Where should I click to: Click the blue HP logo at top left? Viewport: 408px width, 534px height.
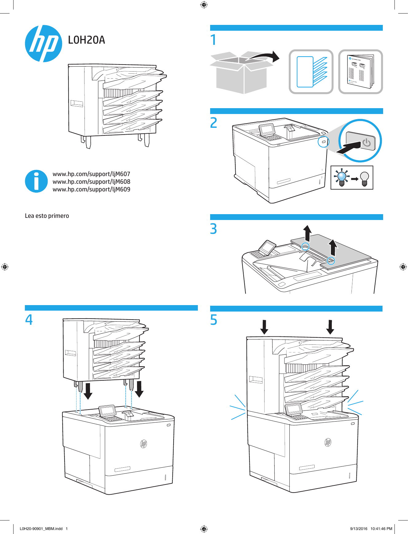click(x=43, y=44)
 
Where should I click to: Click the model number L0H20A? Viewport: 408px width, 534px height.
click(x=86, y=40)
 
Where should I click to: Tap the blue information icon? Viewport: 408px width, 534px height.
click(x=36, y=181)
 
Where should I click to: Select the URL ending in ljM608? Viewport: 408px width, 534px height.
click(x=91, y=182)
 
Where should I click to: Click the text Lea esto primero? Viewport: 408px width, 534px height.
click(x=47, y=216)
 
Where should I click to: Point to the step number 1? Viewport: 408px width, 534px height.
click(x=213, y=40)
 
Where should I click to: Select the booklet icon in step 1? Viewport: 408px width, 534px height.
click(x=360, y=72)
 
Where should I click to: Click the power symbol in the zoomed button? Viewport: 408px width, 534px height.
click(x=366, y=143)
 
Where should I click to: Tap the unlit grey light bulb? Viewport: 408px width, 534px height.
click(x=364, y=178)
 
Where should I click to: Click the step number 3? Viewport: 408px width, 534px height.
click(x=213, y=229)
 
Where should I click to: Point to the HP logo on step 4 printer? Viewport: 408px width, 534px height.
click(x=143, y=444)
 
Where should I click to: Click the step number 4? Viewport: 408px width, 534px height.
click(x=29, y=320)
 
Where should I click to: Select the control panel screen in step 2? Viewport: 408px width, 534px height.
click(x=267, y=129)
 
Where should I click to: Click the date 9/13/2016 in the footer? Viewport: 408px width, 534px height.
click(x=359, y=529)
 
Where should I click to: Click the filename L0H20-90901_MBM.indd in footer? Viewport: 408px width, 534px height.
click(x=41, y=529)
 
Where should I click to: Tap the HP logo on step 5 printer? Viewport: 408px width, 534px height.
click(x=328, y=442)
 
